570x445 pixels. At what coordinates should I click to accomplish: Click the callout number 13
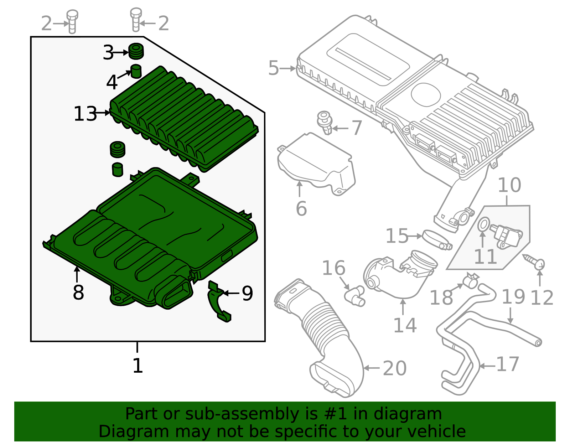85,114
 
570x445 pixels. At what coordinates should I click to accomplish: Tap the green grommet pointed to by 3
136,51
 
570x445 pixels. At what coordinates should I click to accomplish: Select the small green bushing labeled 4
136,71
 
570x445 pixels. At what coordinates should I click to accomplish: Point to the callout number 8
78,293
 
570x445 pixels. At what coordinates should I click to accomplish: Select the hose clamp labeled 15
437,240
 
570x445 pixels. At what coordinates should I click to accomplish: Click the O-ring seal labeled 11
483,225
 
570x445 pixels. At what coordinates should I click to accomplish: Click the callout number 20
394,368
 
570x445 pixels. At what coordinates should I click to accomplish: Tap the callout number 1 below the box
138,366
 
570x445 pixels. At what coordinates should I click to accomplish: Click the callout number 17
508,364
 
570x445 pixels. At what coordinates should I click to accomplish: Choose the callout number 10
509,185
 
